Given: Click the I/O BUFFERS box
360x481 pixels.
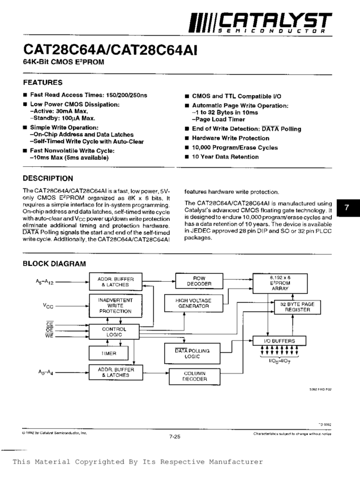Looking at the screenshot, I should coord(281,341).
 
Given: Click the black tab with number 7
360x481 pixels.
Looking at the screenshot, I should coord(348,209).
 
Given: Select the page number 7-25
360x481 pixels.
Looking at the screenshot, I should coord(174,436).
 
